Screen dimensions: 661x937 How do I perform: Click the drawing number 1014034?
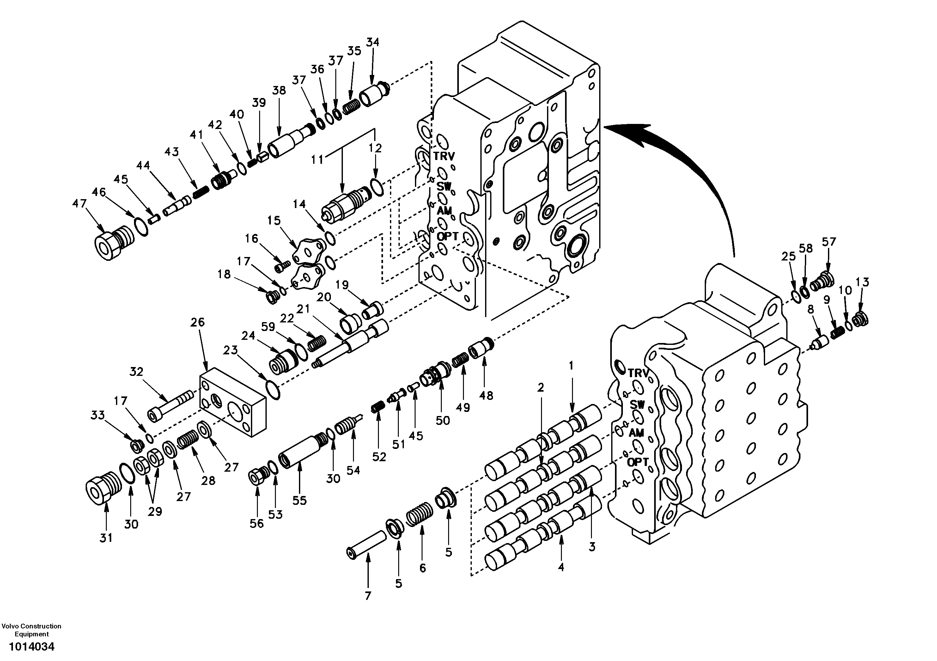tap(31, 647)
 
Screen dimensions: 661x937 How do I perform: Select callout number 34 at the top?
tap(372, 42)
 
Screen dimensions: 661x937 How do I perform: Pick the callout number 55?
tap(300, 500)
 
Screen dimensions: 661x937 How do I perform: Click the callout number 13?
tap(862, 282)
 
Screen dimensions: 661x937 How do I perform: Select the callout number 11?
tap(317, 159)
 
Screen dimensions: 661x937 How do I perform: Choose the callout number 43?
tap(171, 151)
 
